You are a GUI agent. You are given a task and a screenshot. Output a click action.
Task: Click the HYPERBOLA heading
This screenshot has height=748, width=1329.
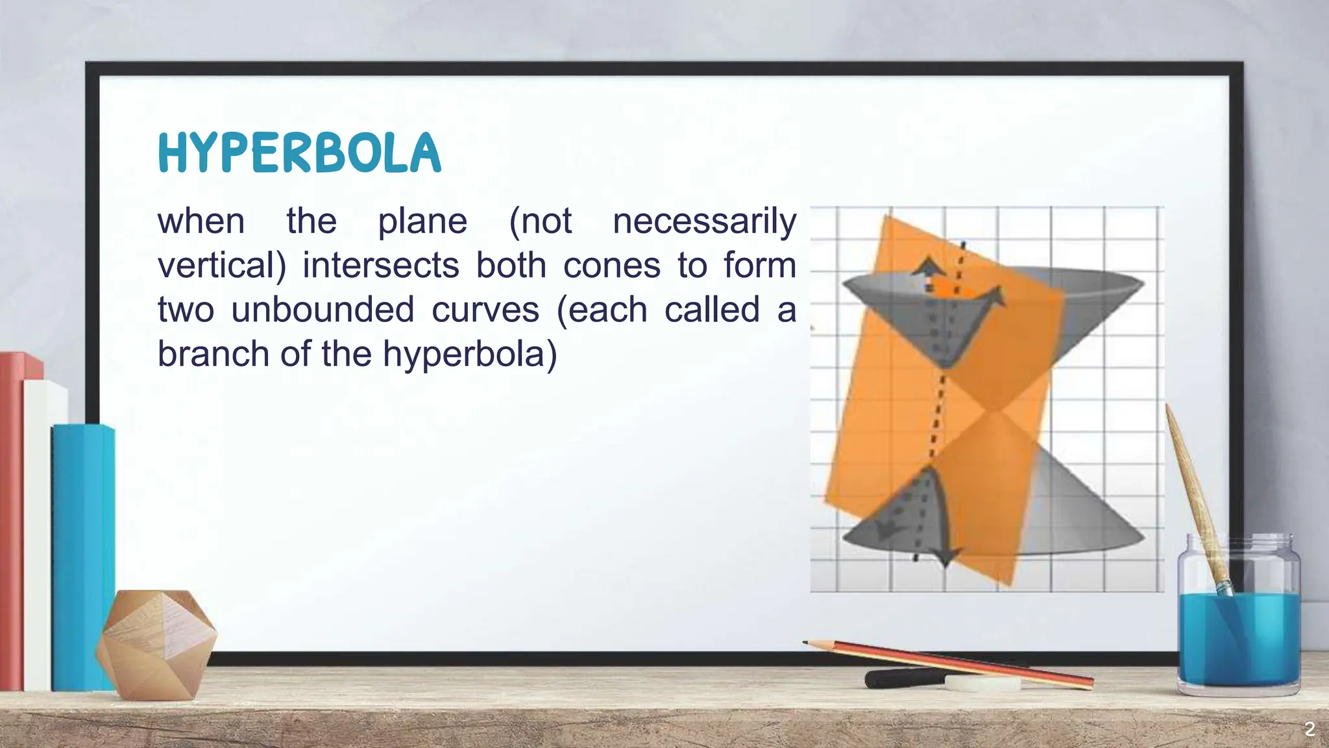pos(299,153)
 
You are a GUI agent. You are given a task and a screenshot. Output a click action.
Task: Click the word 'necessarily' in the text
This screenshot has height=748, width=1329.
pos(704,221)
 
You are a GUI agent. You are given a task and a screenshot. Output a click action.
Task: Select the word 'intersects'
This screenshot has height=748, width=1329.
pos(381,266)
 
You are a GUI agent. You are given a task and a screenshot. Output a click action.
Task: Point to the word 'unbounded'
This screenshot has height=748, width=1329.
pos(323,310)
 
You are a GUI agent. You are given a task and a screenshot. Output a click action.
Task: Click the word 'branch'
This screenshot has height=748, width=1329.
pos(213,354)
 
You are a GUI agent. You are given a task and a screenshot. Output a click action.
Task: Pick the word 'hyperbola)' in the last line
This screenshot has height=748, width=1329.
pos(470,354)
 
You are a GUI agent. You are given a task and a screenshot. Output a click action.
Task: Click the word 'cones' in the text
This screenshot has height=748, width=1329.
pos(611,266)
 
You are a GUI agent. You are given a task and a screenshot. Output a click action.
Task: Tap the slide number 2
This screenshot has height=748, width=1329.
pos(1310,729)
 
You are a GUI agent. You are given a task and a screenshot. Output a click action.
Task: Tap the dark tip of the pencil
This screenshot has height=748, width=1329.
pos(807,643)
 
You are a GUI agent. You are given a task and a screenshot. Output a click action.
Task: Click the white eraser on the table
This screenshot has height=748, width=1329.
pos(982,684)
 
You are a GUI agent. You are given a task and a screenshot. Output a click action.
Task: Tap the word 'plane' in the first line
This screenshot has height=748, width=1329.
pos(422,221)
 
